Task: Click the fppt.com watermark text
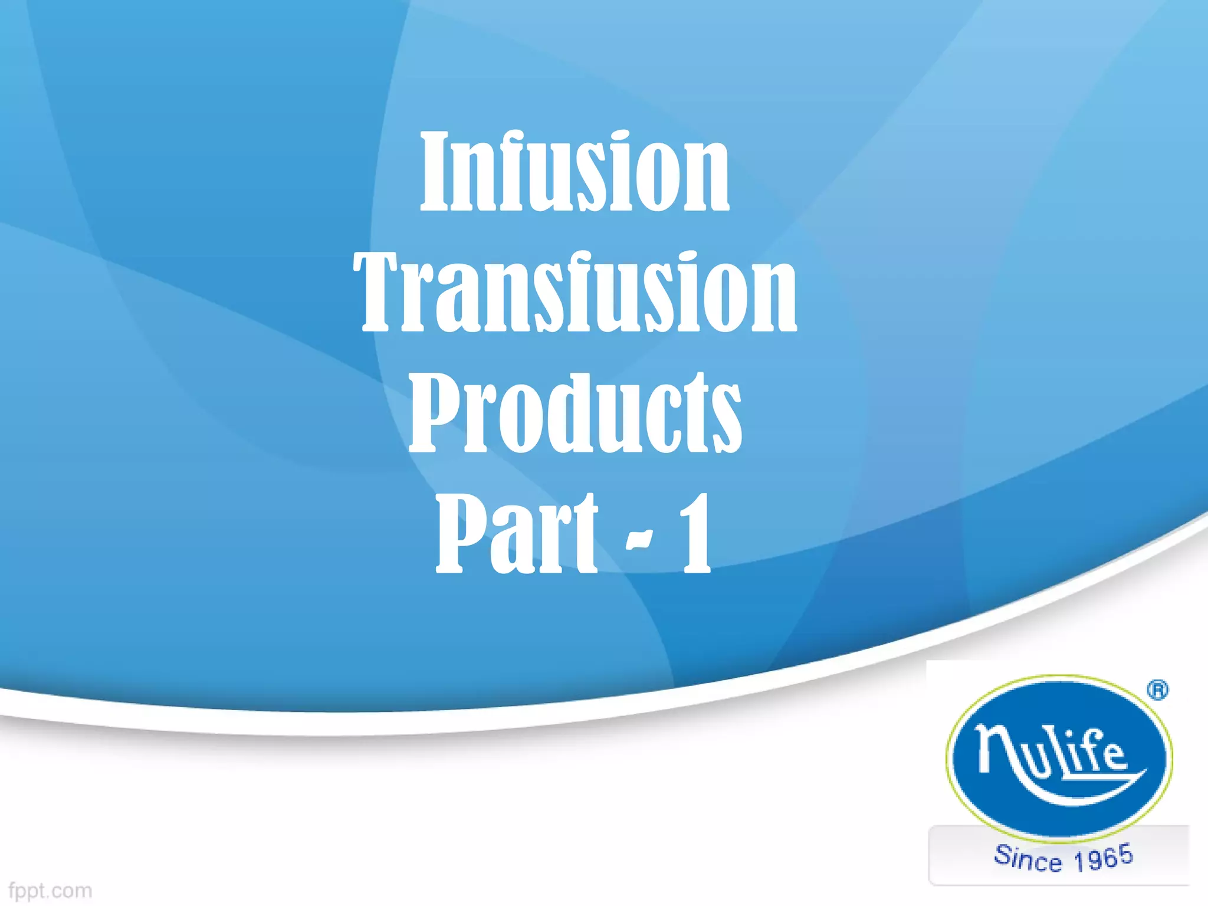point(51,890)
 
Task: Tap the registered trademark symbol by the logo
point(1158,690)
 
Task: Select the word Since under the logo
point(1028,858)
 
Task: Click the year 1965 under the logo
point(1103,858)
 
